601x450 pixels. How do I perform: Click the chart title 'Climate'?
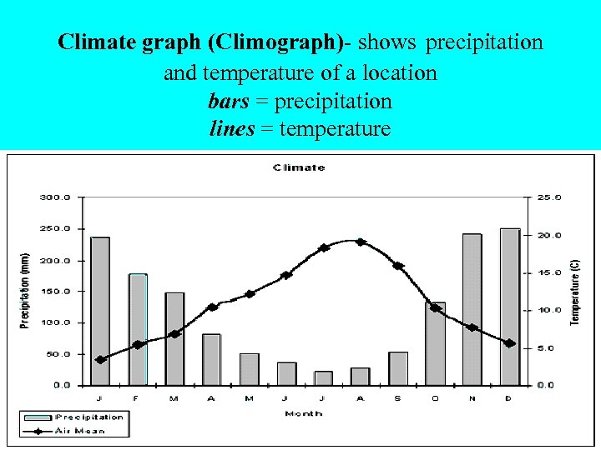coord(298,167)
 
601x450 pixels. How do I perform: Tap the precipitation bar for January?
coord(100,292)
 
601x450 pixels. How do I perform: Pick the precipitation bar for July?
coord(323,378)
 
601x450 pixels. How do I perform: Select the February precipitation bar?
coord(138,329)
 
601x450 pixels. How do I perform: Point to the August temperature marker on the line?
coord(361,242)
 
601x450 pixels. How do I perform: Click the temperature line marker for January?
coord(100,360)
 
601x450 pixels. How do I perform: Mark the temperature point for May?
coord(250,294)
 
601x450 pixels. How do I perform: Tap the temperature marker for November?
coord(472,327)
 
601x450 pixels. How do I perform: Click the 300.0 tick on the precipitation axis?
coord(56,197)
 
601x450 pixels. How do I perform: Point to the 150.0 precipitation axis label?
coord(56,292)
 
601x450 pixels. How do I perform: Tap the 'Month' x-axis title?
coord(303,413)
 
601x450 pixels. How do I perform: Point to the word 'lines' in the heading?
coord(231,129)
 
